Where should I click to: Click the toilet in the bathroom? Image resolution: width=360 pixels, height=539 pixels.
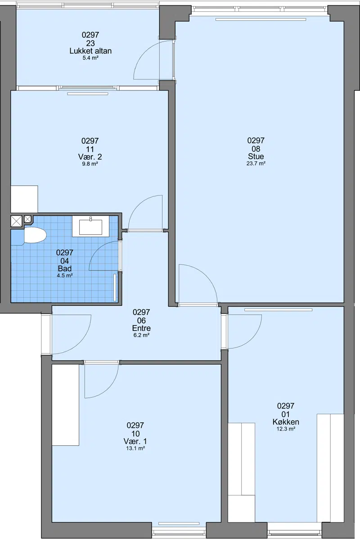35,236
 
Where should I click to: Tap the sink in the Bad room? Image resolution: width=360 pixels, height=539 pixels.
91,226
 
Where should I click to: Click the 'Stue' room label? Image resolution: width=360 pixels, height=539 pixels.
256,156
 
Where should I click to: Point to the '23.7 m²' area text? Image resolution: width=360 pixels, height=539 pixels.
256,163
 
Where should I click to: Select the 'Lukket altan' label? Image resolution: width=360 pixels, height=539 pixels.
91,51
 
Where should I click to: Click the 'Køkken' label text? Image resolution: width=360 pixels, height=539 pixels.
286,422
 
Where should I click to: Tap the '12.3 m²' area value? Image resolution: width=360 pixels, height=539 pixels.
286,429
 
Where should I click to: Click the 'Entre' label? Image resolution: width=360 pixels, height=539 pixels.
142,328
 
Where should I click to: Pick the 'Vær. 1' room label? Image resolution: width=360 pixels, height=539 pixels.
135,441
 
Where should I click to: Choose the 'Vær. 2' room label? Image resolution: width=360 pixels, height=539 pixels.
90,157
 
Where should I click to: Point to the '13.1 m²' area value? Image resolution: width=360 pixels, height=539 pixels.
135,448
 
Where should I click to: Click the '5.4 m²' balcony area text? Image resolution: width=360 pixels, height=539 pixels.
91,58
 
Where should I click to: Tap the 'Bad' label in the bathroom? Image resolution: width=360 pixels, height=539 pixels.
65,268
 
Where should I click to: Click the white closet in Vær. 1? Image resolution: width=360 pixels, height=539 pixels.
65,405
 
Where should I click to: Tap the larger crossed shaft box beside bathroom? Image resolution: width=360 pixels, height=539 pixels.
16,221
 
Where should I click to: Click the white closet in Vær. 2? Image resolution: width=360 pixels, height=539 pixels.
24,199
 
